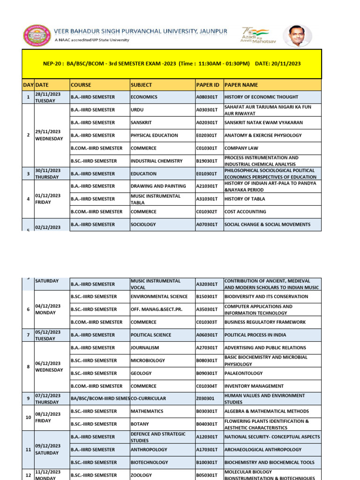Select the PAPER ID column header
pyautogui.click(x=208, y=85)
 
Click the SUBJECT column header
pyautogui.click(x=142, y=85)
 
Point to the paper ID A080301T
pyautogui.click(x=207, y=97)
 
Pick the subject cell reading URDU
pyautogui.click(x=138, y=110)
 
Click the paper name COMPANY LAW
pyautogui.click(x=241, y=148)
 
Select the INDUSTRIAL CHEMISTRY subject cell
pyautogui.click(x=157, y=161)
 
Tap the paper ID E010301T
pyautogui.click(x=207, y=173)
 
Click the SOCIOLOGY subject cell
pyautogui.click(x=143, y=225)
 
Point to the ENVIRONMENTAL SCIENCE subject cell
pyautogui.click(x=159, y=297)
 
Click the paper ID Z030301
pyautogui.click(x=206, y=399)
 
